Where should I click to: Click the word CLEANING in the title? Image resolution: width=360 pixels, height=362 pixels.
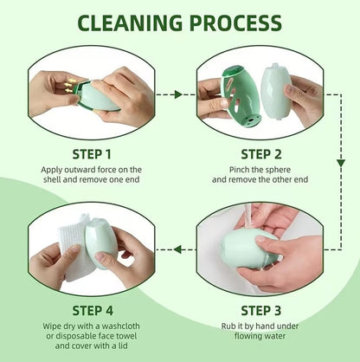tap(130, 23)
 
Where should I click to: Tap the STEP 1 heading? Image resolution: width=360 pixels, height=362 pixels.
tap(92, 154)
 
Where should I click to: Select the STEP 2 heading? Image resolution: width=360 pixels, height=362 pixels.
tap(261, 154)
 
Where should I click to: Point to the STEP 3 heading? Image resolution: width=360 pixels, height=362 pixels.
tap(260, 311)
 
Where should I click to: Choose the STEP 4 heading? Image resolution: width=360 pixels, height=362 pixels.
tap(93, 311)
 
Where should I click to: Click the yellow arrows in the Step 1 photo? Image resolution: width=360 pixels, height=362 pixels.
tap(68, 85)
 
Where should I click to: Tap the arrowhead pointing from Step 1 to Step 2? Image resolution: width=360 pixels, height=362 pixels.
tap(178, 94)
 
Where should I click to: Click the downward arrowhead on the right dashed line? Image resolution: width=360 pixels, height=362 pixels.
tap(341, 163)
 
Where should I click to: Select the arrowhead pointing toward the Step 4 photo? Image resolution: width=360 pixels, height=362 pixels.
tap(177, 249)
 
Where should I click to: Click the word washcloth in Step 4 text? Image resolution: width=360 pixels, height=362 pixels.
tap(121, 326)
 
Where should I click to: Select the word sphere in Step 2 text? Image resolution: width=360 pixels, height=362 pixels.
tap(276, 170)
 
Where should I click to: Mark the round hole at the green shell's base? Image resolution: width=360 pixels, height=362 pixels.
tap(251, 120)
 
